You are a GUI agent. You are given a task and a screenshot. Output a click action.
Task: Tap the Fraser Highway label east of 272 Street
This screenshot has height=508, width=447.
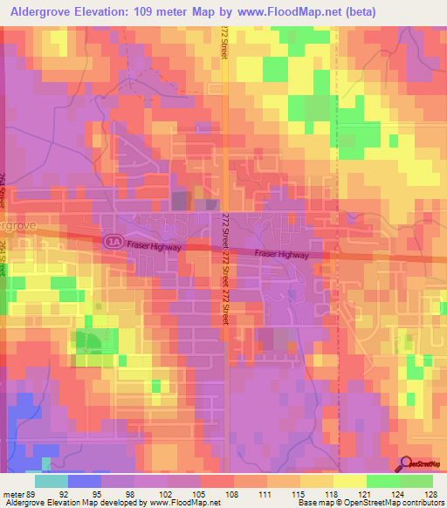click(281, 255)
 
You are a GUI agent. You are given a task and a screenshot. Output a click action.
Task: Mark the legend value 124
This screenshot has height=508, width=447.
click(385, 492)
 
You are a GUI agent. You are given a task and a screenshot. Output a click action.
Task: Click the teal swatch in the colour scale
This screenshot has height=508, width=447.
click(52, 481)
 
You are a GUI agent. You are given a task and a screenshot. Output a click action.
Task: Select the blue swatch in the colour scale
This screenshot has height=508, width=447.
click(84, 481)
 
